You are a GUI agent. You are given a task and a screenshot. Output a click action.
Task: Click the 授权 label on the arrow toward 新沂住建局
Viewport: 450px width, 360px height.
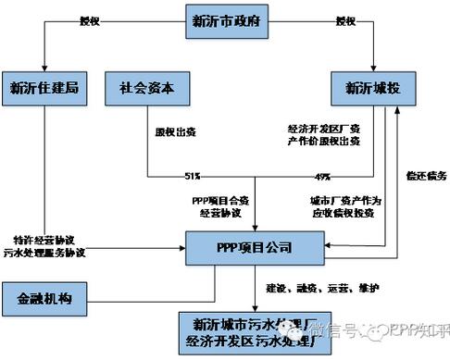(x=90, y=20)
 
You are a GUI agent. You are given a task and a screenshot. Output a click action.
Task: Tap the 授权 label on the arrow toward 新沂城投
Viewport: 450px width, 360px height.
(x=344, y=20)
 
